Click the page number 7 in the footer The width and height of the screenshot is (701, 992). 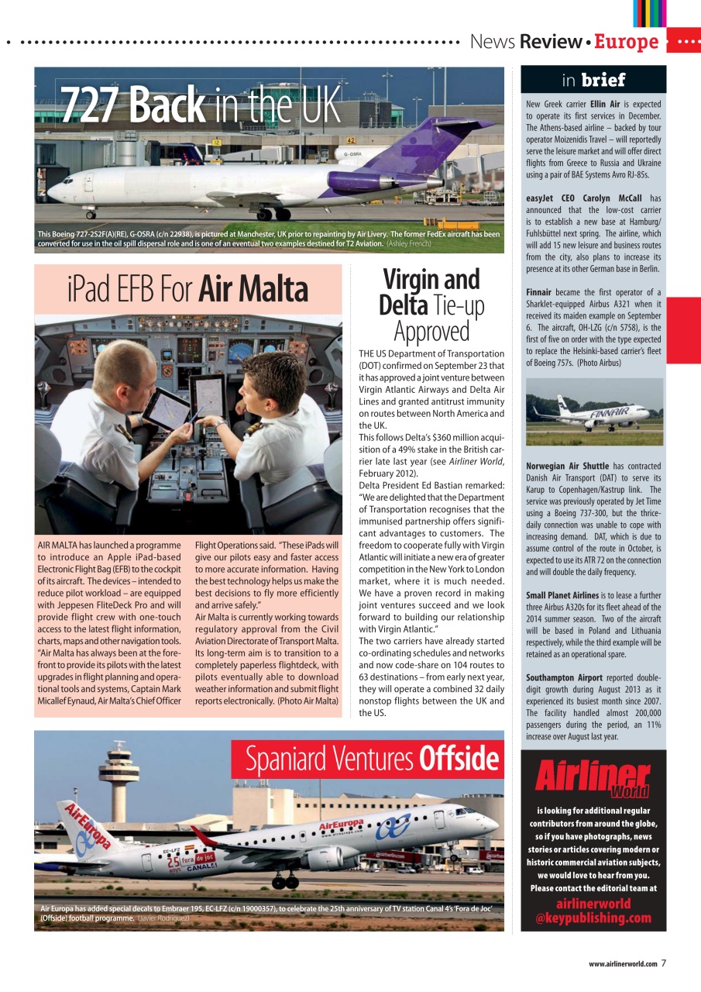664,963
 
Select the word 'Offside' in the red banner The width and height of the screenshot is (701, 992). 458,759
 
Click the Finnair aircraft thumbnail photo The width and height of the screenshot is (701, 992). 594,412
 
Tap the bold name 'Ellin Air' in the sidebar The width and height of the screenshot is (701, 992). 605,103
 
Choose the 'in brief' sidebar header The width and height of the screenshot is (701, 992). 593,80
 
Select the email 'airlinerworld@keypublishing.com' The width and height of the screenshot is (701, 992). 593,911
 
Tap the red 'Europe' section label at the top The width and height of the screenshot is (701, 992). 626,42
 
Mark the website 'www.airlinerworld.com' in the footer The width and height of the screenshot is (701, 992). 623,964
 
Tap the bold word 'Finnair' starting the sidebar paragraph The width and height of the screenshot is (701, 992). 539,292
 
